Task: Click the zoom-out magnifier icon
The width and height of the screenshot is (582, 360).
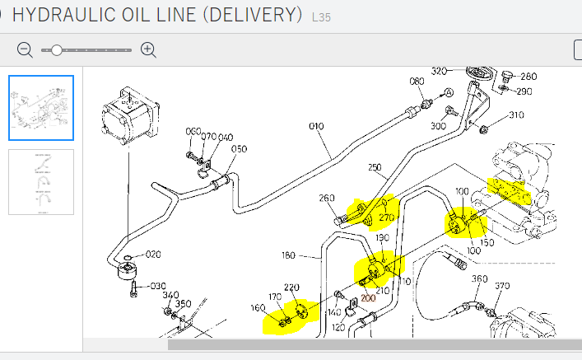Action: [x=25, y=49]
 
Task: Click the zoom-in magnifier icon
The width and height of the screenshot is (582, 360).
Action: [x=148, y=49]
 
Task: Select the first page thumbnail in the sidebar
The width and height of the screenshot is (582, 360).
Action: [x=41, y=108]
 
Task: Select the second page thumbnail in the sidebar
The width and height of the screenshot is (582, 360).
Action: [x=41, y=181]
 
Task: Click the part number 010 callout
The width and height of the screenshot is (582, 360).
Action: [x=316, y=128]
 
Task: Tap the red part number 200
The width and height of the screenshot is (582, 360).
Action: [x=368, y=297]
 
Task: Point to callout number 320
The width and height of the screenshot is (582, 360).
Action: [x=439, y=71]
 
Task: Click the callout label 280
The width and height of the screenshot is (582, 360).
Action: [x=528, y=77]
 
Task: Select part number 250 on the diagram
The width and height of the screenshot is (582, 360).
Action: [x=375, y=168]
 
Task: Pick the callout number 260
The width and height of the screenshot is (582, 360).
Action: [x=327, y=198]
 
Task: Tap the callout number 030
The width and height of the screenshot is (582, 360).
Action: [x=157, y=287]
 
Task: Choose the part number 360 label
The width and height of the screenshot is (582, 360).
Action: [x=479, y=279]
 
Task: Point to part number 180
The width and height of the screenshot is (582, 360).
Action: [x=288, y=255]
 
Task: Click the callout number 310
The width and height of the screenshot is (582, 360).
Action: [x=516, y=115]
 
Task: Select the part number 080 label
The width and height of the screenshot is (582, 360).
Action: [x=417, y=82]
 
